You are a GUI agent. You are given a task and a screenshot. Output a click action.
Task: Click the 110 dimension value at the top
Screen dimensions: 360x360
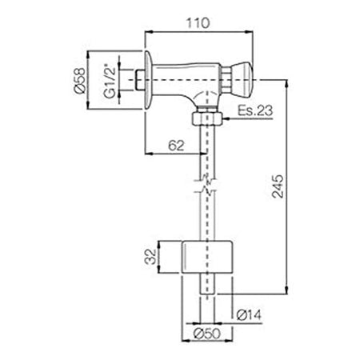[198, 23]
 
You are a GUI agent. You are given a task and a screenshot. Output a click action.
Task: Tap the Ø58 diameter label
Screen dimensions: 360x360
[80, 81]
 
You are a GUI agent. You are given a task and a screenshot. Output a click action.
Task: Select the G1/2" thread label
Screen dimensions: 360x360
[110, 81]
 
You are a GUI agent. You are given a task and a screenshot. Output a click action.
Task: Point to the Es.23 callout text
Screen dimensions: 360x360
[255, 110]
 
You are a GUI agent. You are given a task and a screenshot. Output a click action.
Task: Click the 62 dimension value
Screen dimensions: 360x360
[176, 146]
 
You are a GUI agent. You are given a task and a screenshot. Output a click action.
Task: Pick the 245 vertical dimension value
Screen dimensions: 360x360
[278, 186]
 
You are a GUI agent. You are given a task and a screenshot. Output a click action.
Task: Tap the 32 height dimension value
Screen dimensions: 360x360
[150, 256]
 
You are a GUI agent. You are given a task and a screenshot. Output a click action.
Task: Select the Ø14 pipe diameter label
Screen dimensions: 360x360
[249, 314]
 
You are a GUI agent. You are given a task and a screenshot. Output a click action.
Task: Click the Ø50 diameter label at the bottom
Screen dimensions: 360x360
[207, 334]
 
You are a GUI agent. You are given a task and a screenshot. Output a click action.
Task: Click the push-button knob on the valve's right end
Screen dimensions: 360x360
[242, 79]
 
